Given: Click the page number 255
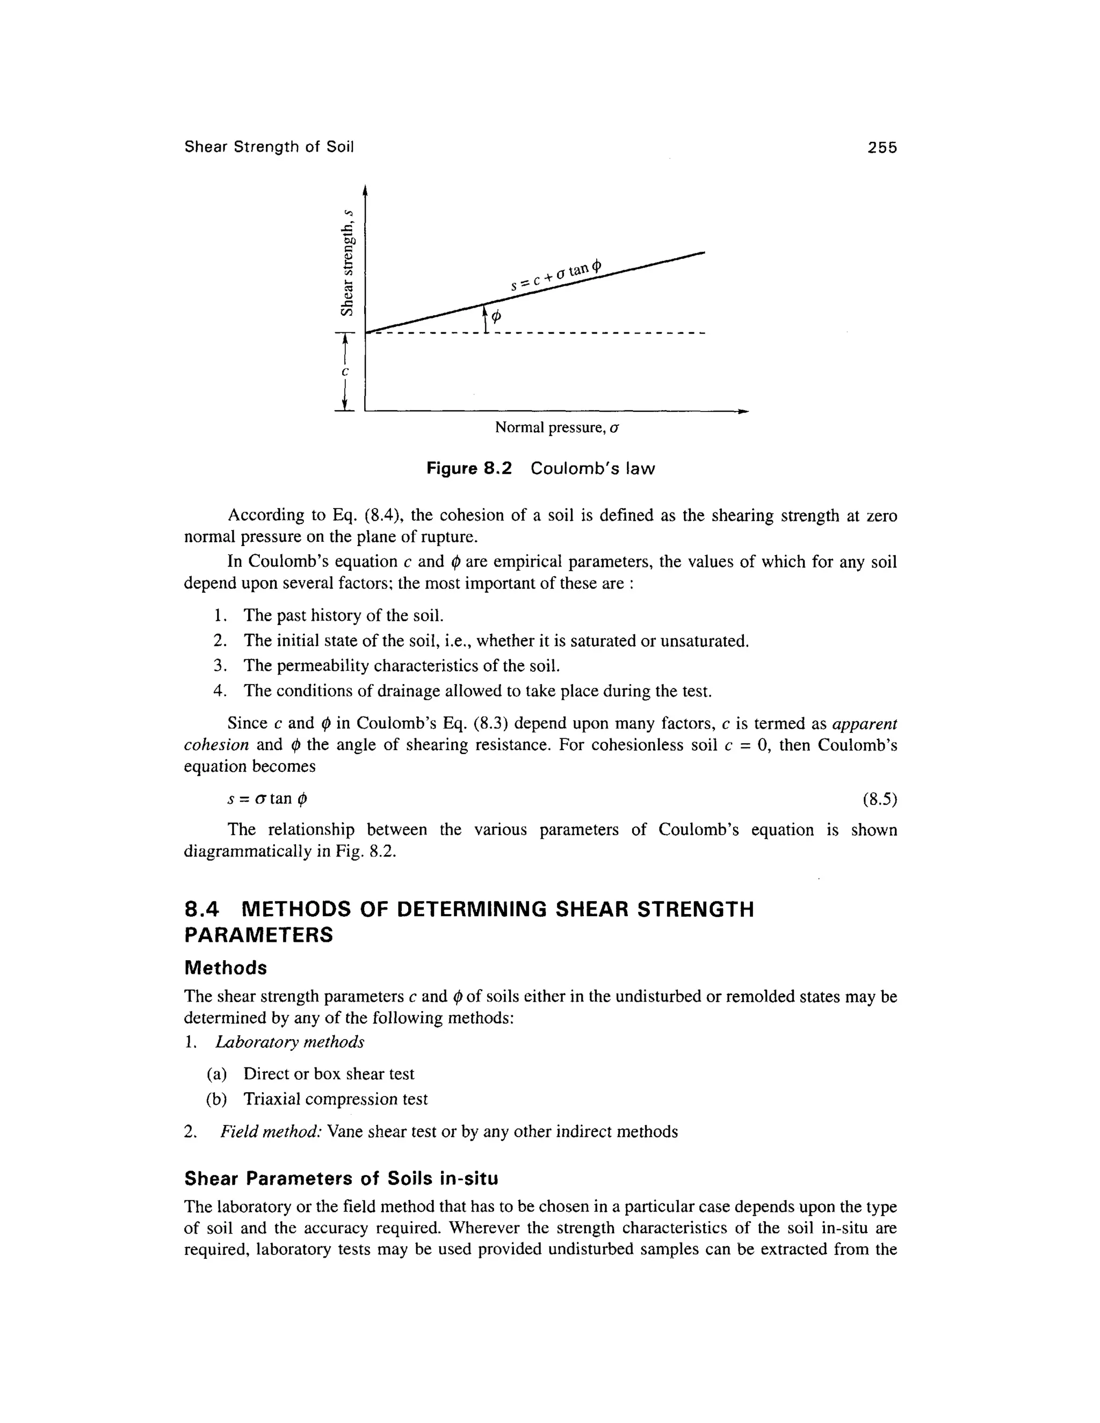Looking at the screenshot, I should [x=882, y=148].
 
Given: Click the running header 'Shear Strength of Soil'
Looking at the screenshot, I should [x=269, y=147].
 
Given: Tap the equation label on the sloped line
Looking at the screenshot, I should [x=556, y=274].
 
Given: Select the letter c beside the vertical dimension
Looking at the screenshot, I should [x=346, y=372].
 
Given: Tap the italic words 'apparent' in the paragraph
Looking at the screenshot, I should [x=865, y=724].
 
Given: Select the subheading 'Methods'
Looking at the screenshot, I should [x=226, y=968].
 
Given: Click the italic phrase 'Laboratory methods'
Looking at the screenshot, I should [x=290, y=1042].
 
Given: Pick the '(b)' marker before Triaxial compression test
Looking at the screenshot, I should [x=216, y=1100].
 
